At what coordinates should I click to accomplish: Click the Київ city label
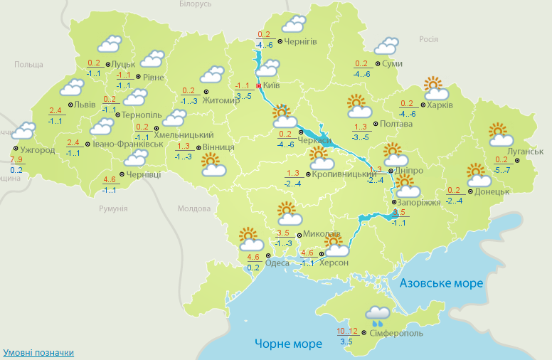pos(270,85)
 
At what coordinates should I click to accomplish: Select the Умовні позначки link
pos(38,353)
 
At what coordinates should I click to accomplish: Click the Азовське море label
pos(442,283)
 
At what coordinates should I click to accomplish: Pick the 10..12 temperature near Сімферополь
pos(347,331)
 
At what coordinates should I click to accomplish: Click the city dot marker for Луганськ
pos(517,159)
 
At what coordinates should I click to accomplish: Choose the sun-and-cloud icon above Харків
pos(437,88)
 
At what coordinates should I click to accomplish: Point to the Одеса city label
pos(277,263)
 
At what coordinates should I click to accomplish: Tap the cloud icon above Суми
pos(387,46)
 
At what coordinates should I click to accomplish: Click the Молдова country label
pos(193,209)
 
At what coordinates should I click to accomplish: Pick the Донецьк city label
pos(492,191)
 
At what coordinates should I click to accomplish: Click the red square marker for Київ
pos(258,85)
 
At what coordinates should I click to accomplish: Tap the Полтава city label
pos(397,124)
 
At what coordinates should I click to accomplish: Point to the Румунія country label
pos(113,208)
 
